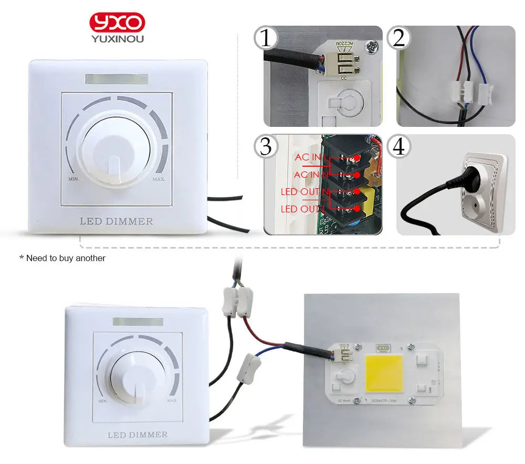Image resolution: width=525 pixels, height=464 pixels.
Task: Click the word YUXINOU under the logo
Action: (117, 39)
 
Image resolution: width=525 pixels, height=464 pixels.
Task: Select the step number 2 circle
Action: (399, 38)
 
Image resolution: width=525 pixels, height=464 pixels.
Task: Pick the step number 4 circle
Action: (399, 147)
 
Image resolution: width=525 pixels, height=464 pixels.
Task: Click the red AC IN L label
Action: (310, 157)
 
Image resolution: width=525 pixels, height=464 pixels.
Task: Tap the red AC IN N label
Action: (310, 174)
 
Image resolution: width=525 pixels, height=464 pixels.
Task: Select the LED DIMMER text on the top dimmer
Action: (117, 221)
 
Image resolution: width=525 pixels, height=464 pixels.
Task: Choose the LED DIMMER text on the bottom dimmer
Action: (138, 435)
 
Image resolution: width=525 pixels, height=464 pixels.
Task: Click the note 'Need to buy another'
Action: (62, 258)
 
